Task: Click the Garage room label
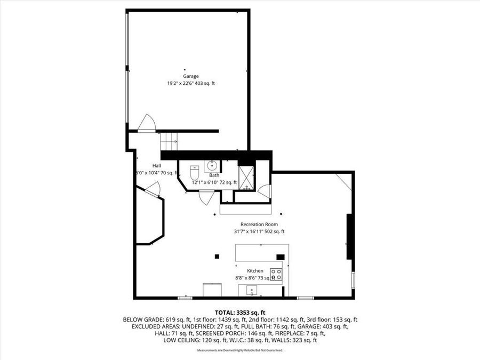tap(191, 76)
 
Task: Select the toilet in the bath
tap(195, 174)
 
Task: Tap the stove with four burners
tap(276, 274)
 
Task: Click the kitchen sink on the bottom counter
tap(252, 291)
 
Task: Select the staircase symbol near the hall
tap(169, 141)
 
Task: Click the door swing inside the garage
tap(146, 123)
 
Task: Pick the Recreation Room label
tap(259, 225)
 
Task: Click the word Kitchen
tap(255, 271)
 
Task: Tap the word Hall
tap(156, 165)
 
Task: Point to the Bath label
tap(214, 175)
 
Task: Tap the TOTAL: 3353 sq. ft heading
tap(240, 313)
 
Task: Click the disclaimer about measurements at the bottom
tap(240, 350)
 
